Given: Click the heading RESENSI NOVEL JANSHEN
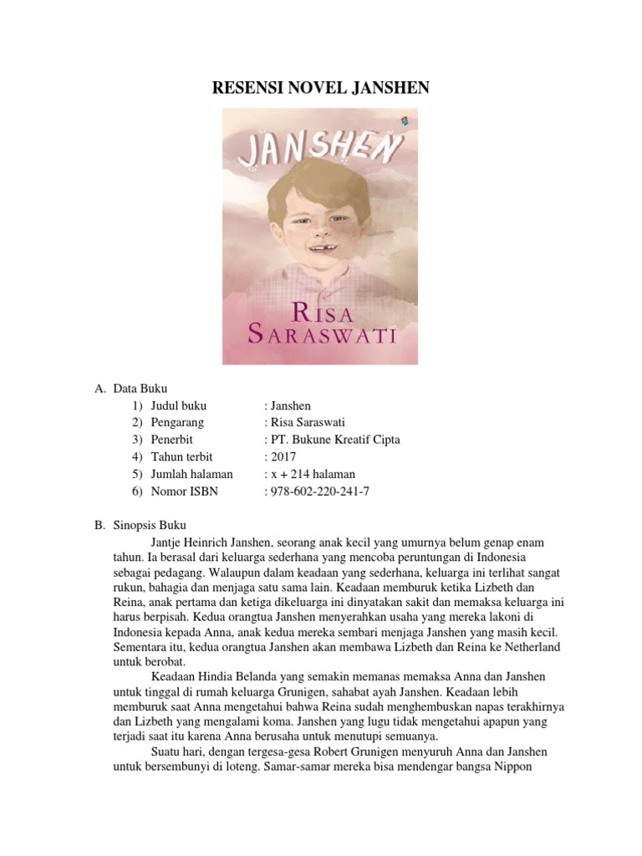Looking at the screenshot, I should click(320, 87).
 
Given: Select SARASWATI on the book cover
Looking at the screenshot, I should click(321, 336).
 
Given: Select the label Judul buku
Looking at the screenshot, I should click(179, 405).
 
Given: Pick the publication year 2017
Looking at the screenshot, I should click(280, 457).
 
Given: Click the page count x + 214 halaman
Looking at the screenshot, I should click(308, 474).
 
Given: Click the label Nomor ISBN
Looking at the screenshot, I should click(184, 492).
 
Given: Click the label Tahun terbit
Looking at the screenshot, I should click(182, 457).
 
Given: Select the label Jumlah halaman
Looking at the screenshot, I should click(192, 474).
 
